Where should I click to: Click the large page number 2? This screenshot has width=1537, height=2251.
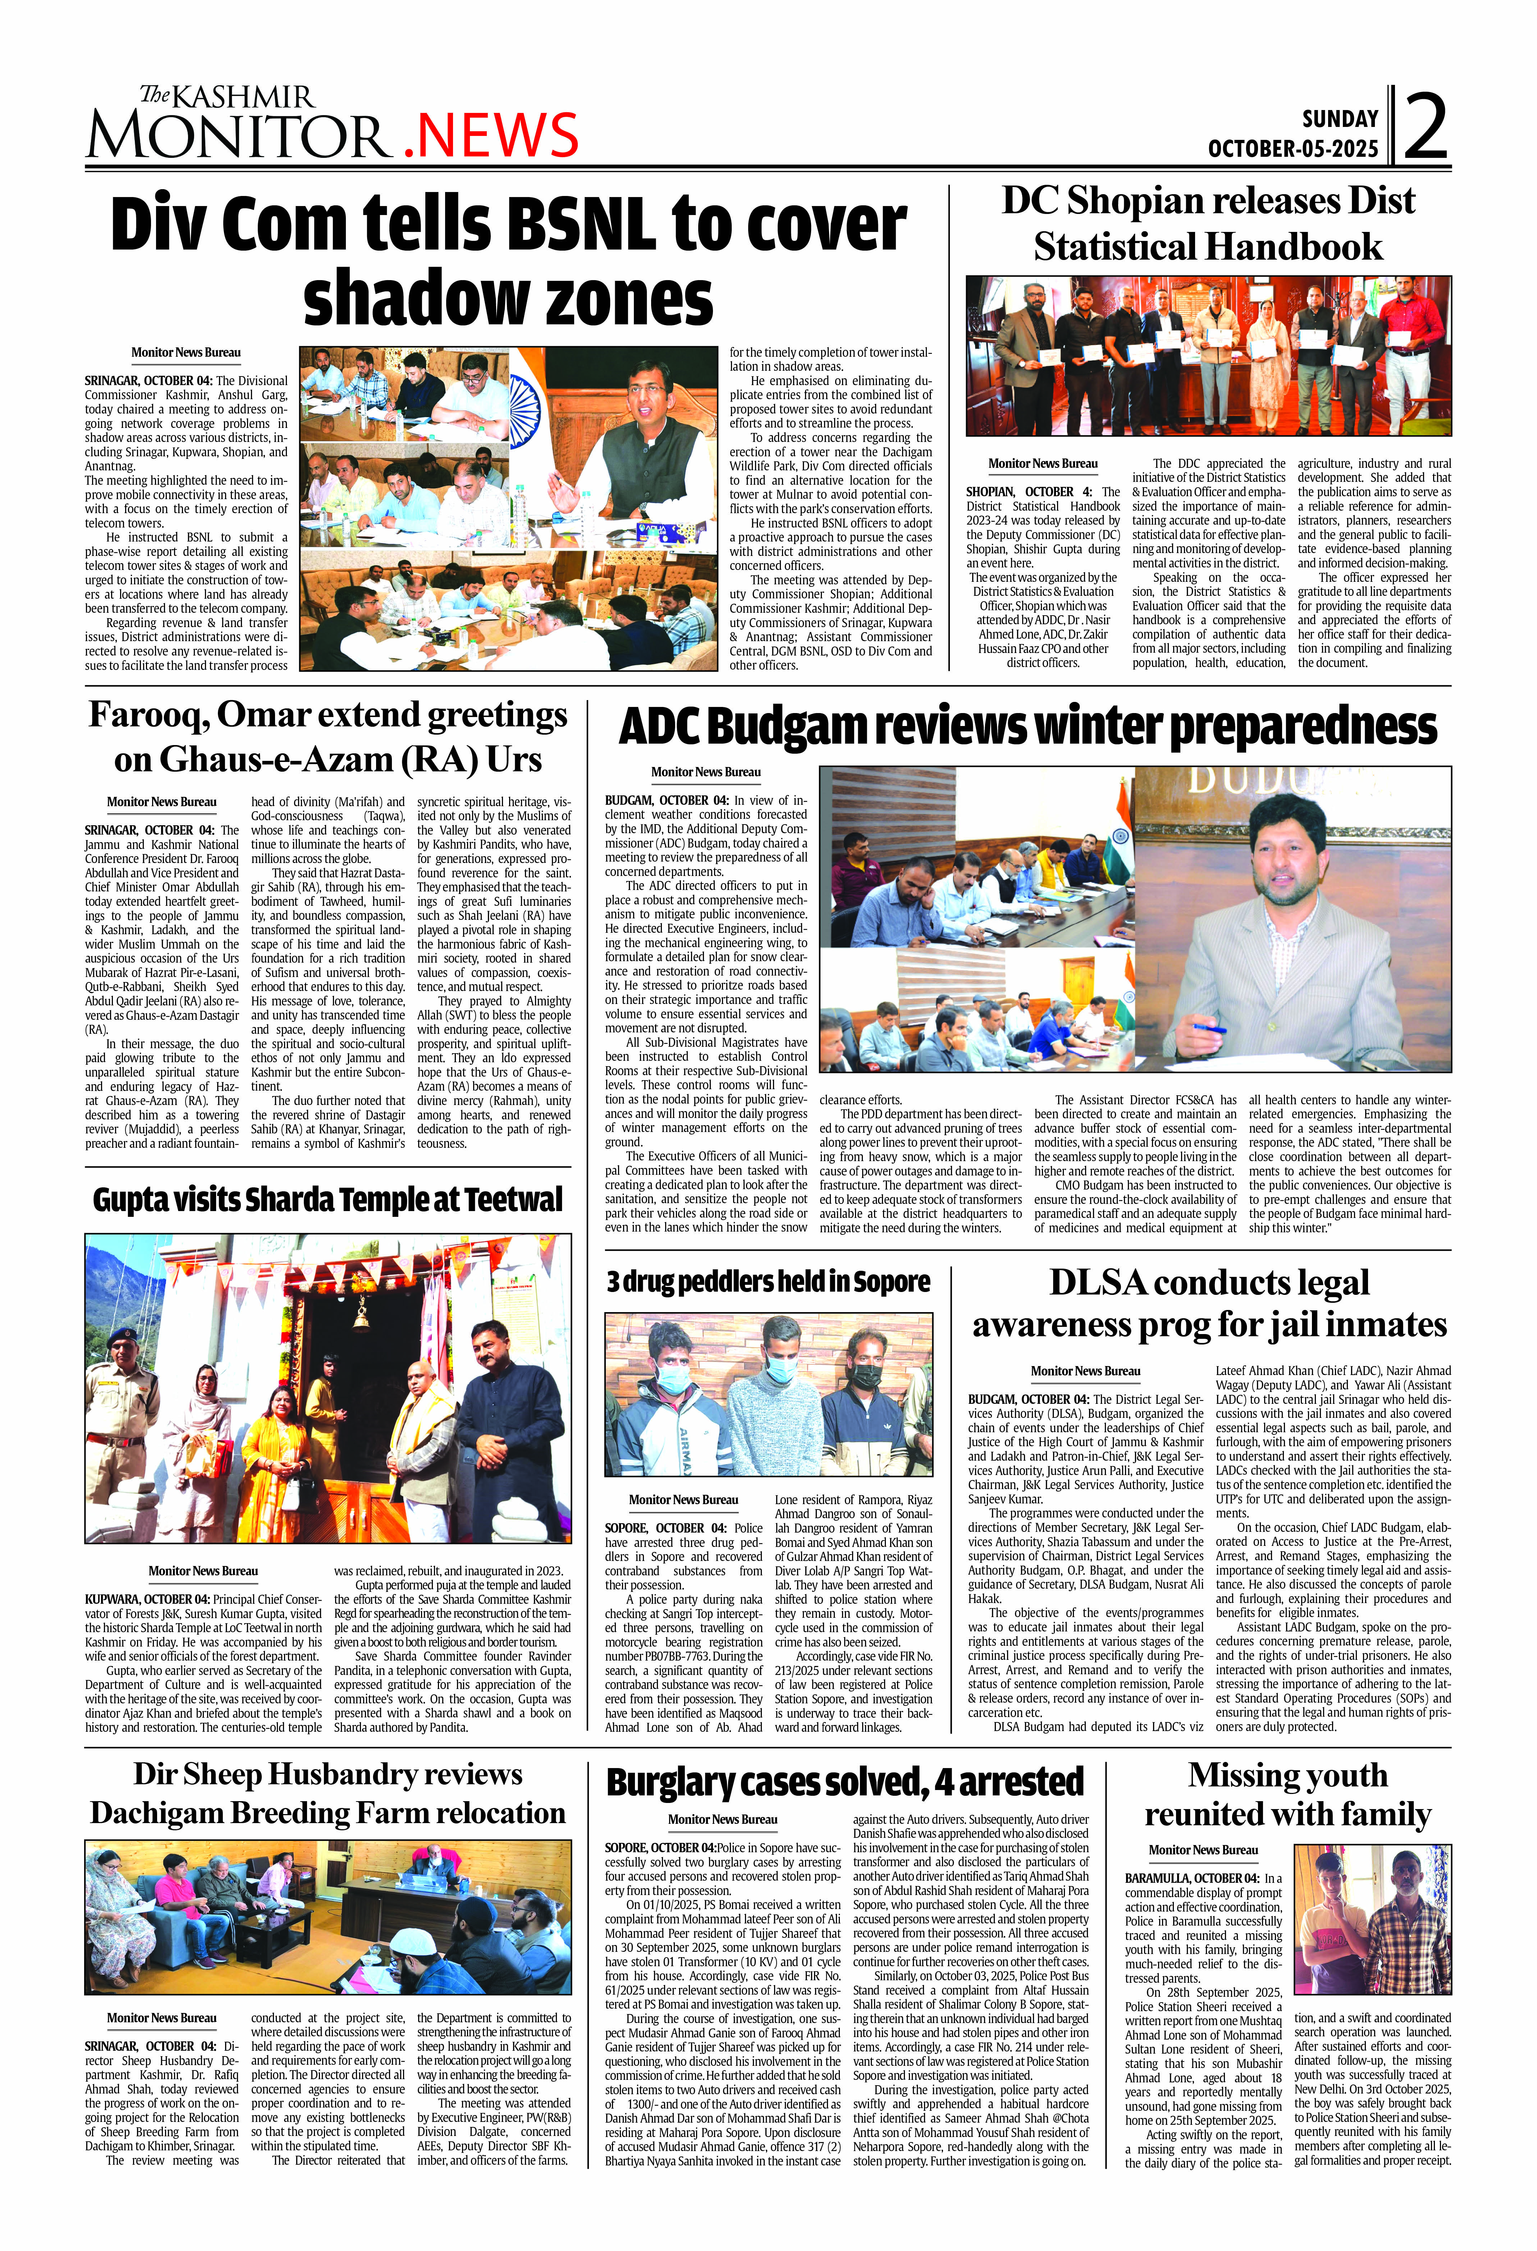click(x=1426, y=127)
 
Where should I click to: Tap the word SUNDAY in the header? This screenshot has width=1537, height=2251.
click(x=1339, y=119)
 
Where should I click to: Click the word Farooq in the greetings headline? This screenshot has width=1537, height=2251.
click(x=147, y=715)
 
